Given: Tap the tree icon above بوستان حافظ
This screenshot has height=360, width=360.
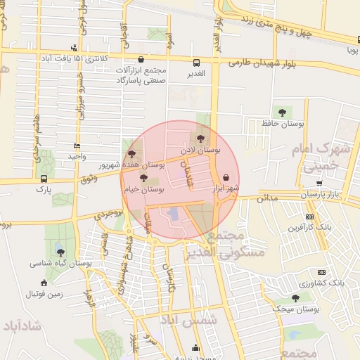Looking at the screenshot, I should (x=282, y=112).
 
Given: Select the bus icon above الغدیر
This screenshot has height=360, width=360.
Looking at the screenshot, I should (x=197, y=61).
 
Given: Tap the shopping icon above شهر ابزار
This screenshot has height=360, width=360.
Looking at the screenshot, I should (x=226, y=177).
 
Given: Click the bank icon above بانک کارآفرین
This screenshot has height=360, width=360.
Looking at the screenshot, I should (x=310, y=217).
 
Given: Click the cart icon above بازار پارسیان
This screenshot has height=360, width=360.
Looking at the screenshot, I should (x=320, y=183).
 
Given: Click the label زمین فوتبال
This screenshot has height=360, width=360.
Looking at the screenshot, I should (x=44, y=294).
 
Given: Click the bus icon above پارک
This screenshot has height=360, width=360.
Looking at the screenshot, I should (x=44, y=179).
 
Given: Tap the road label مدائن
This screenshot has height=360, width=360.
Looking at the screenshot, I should (x=265, y=199).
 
